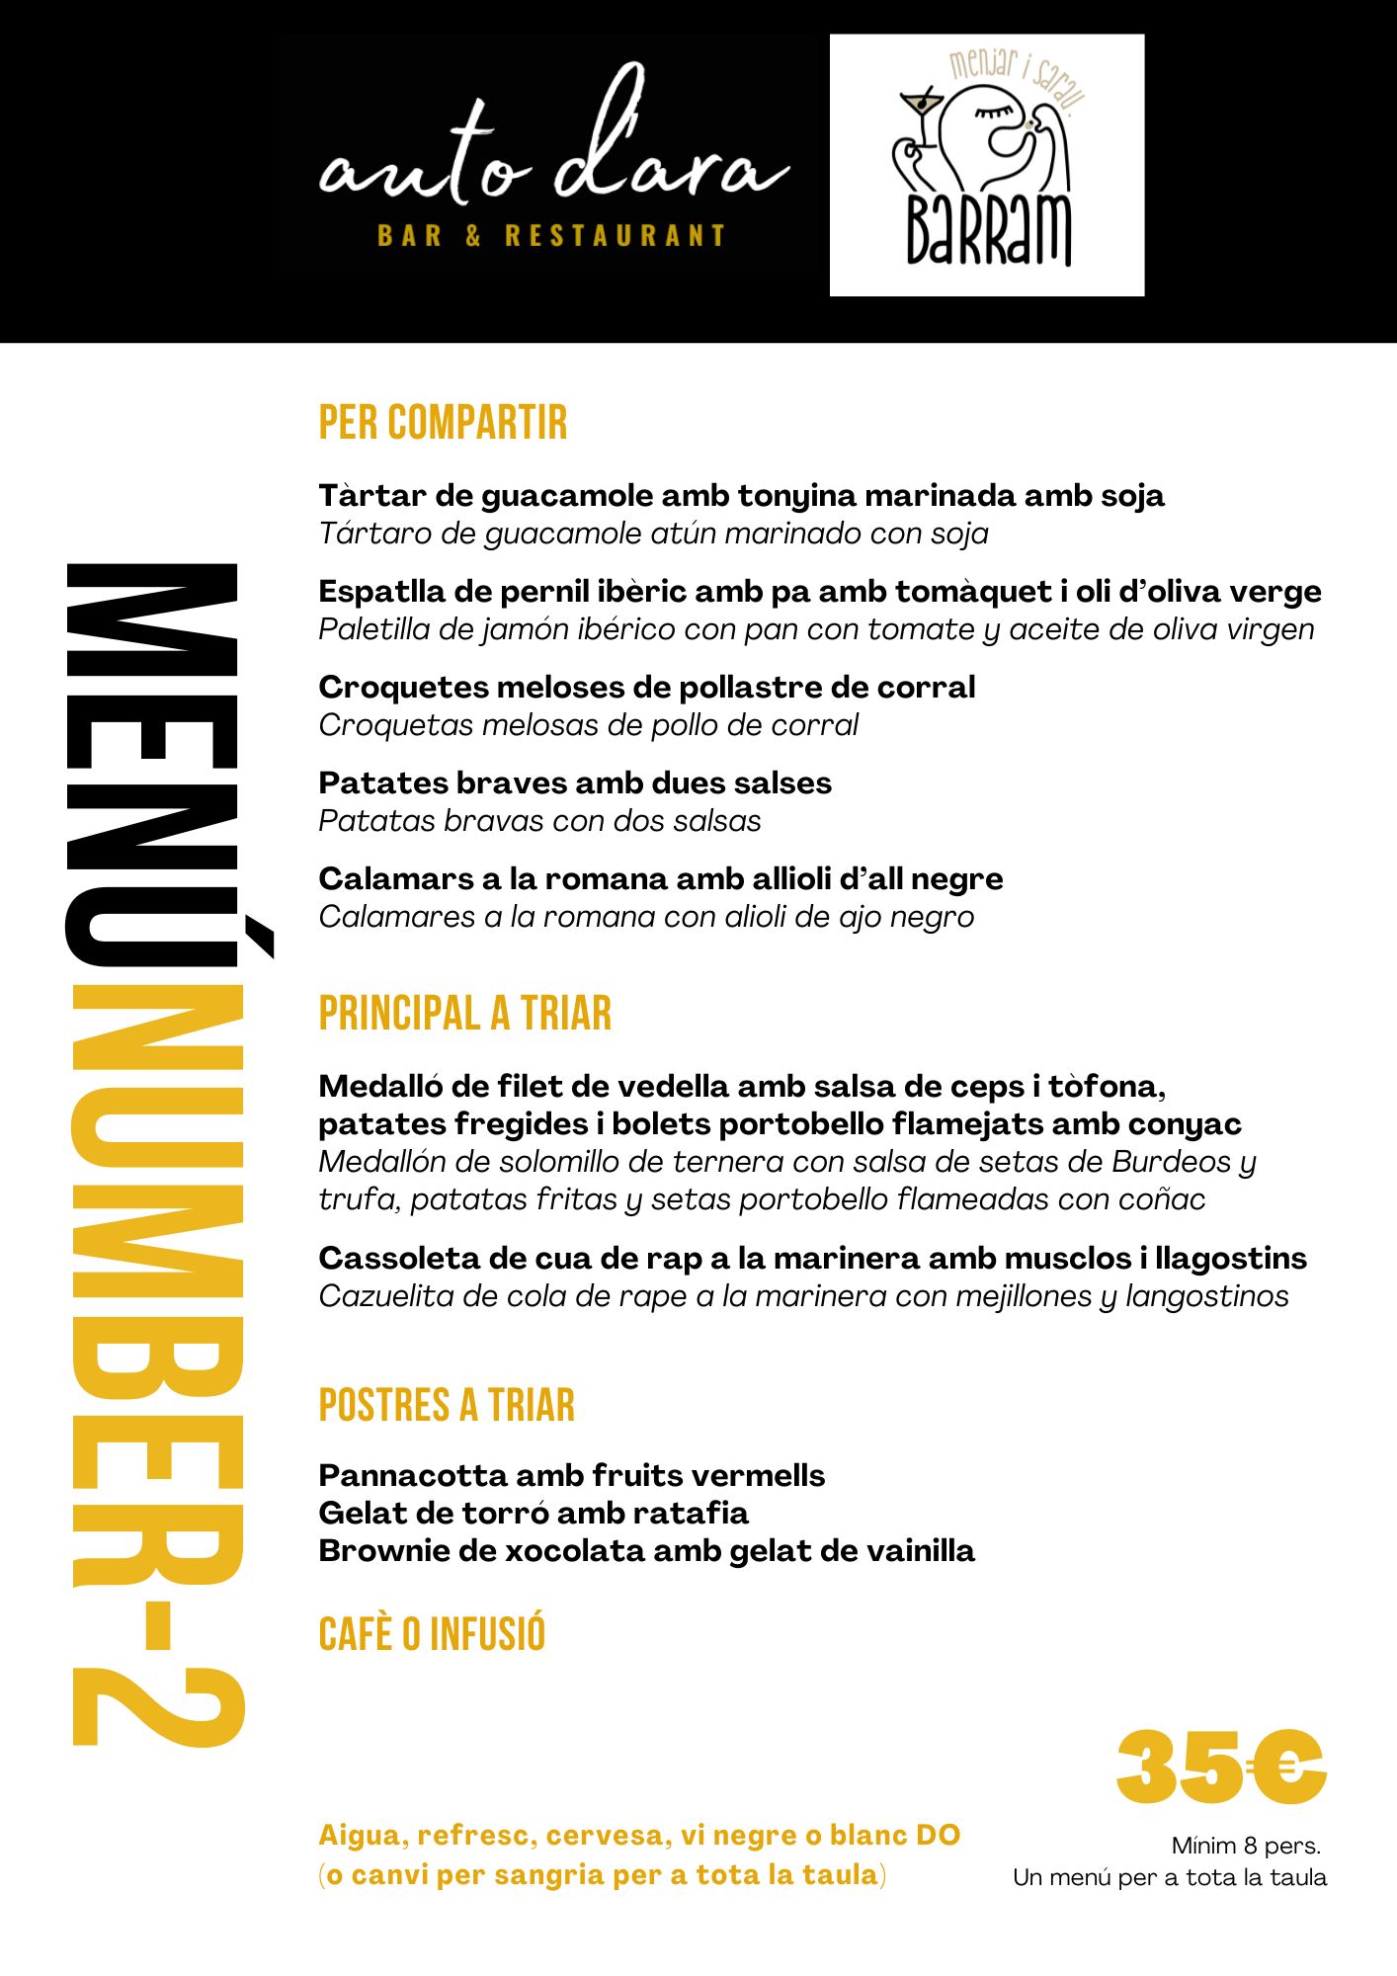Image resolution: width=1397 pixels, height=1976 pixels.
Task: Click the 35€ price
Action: (1220, 1768)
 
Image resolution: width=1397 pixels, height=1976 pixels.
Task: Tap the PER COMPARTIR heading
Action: (443, 423)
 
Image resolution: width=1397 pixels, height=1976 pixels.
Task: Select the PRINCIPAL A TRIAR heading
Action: (465, 1014)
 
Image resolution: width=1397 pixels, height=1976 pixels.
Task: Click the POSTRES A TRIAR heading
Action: (447, 1405)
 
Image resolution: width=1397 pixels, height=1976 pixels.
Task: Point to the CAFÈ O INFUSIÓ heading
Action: (432, 1634)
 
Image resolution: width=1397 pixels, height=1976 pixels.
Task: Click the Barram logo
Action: (987, 166)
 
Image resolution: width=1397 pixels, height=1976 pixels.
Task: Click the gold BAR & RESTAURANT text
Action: (551, 236)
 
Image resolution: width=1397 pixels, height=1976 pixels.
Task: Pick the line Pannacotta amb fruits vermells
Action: (571, 1475)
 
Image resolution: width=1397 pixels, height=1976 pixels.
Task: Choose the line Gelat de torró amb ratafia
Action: (534, 1513)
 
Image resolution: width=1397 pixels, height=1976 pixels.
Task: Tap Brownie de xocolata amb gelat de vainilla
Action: (646, 1550)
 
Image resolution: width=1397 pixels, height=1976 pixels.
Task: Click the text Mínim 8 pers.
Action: (1246, 1845)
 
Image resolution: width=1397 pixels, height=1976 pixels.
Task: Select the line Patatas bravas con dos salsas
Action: (539, 821)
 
